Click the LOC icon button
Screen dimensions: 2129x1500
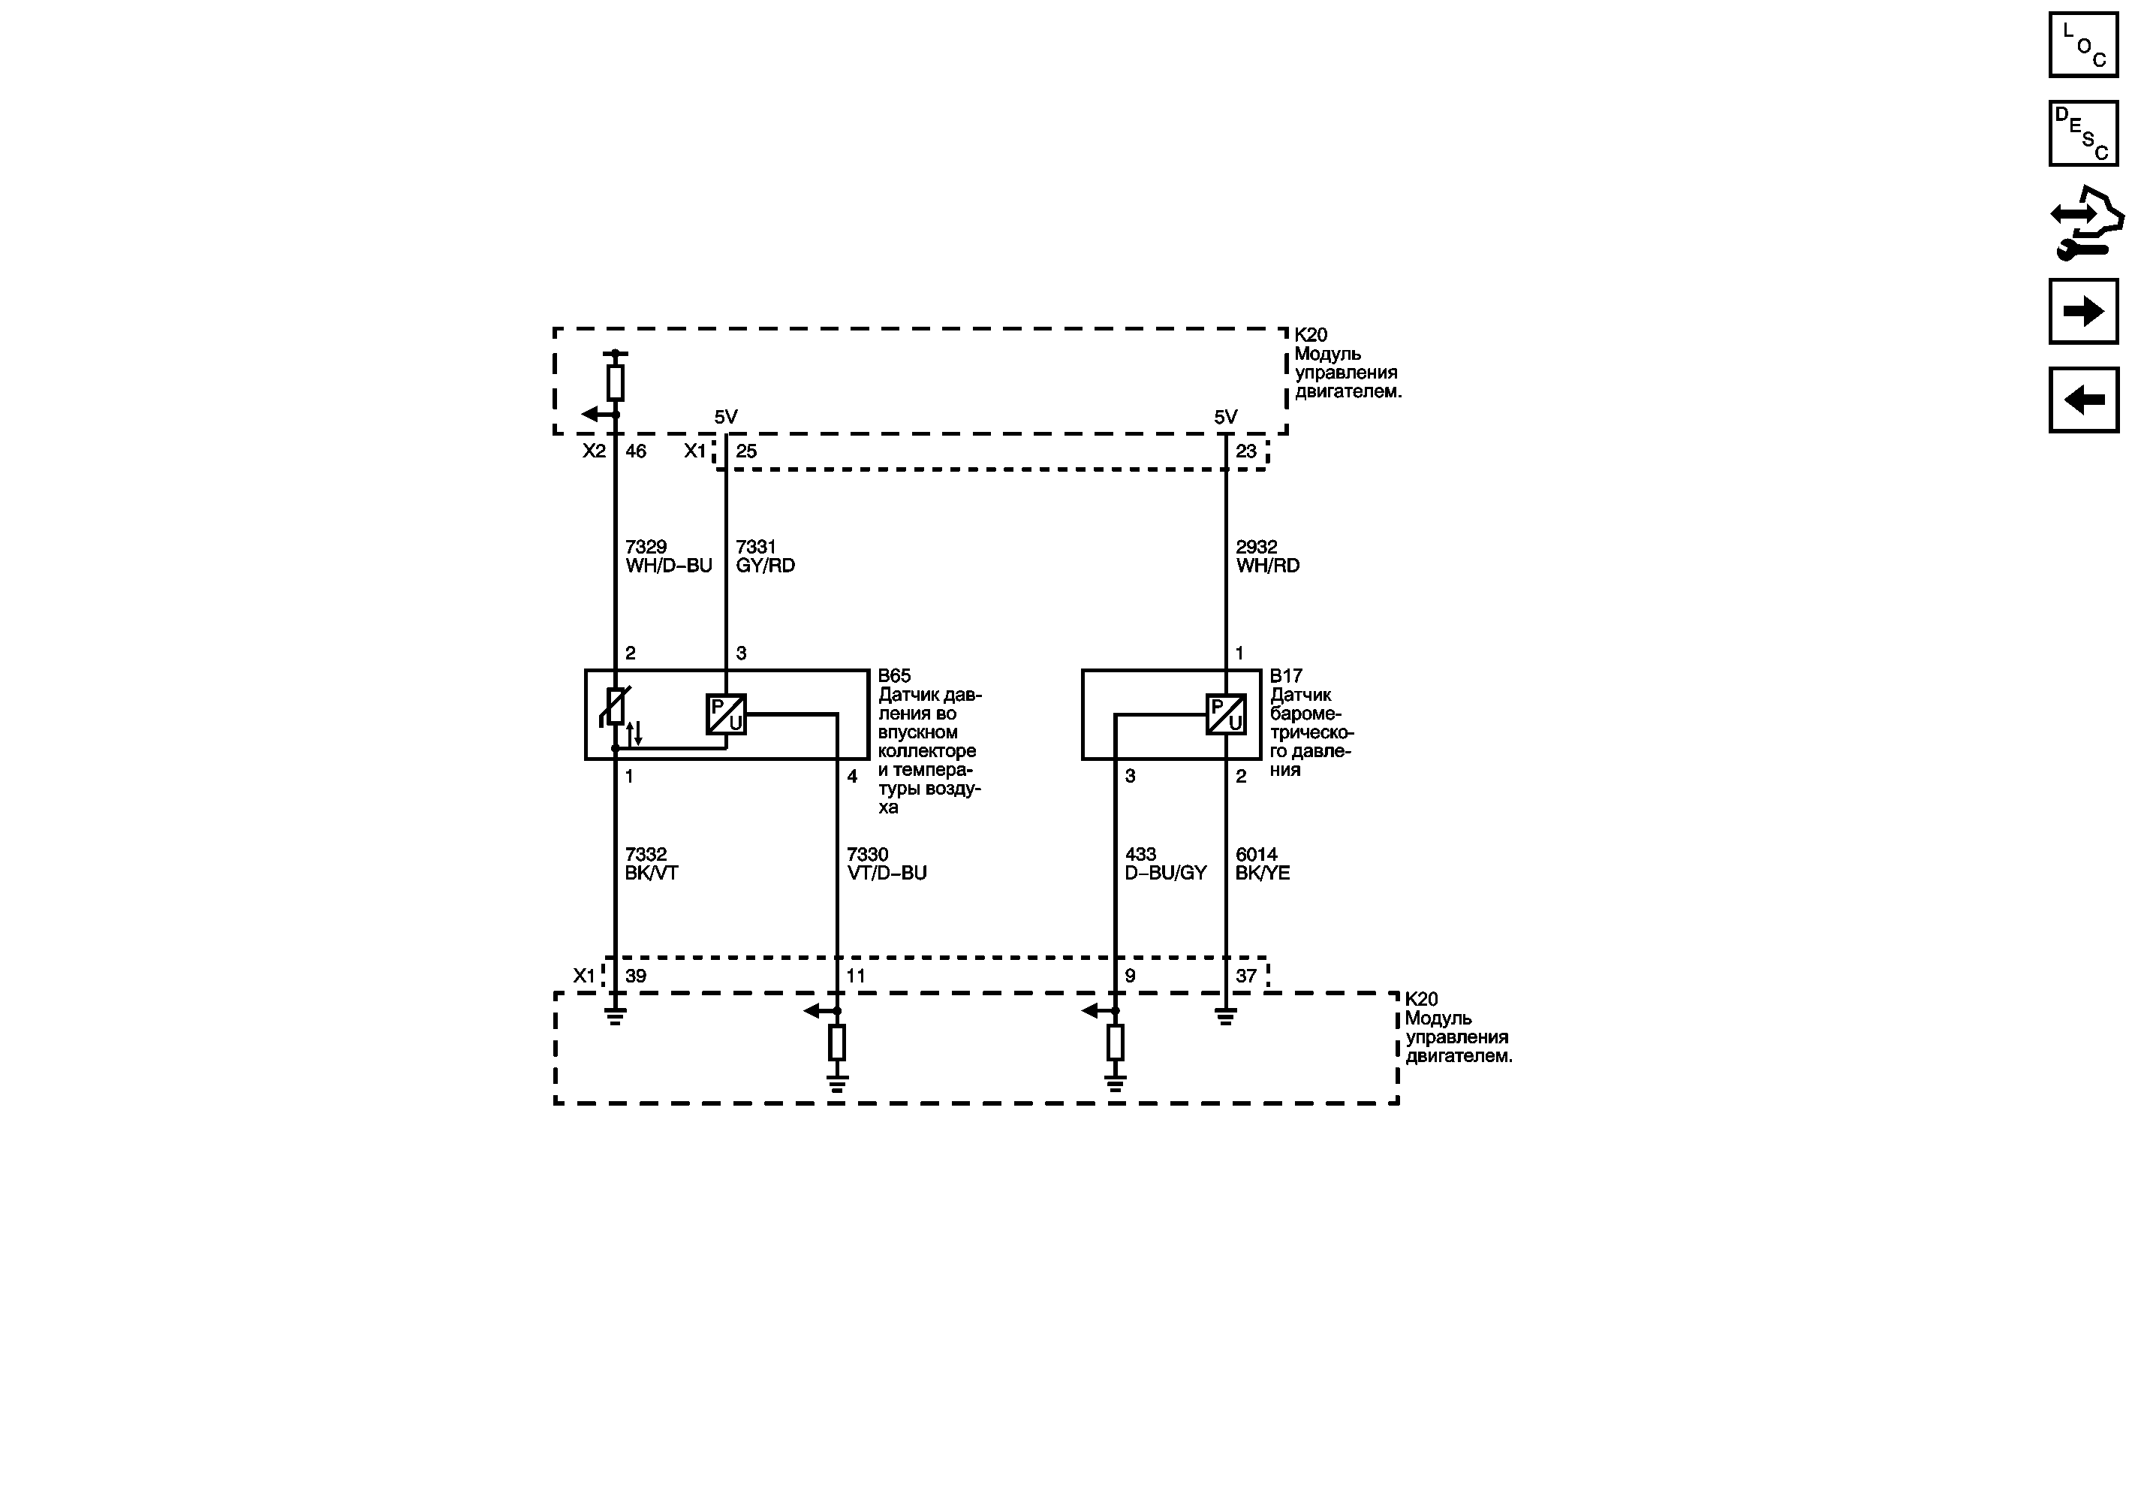point(2083,44)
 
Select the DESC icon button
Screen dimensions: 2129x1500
point(2083,134)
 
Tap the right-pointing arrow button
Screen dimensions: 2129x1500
point(2083,311)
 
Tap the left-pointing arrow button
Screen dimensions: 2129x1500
point(2083,400)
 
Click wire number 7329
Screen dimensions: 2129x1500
point(646,548)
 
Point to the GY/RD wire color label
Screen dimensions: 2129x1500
point(765,566)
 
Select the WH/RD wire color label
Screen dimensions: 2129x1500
point(1268,566)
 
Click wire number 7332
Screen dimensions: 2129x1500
point(646,854)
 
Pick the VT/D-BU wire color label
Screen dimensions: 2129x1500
point(887,873)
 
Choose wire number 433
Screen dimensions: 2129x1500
point(1140,854)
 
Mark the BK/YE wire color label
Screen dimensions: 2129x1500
point(1262,873)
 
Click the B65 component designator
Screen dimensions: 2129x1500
point(894,676)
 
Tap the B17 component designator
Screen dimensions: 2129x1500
point(1286,676)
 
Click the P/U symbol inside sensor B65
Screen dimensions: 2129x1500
point(726,714)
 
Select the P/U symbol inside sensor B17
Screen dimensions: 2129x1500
point(1226,714)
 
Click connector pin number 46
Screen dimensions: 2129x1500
point(636,451)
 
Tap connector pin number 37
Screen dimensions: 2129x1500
point(1246,976)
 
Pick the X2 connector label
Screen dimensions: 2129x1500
point(595,451)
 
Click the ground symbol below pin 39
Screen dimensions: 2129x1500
point(615,1017)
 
